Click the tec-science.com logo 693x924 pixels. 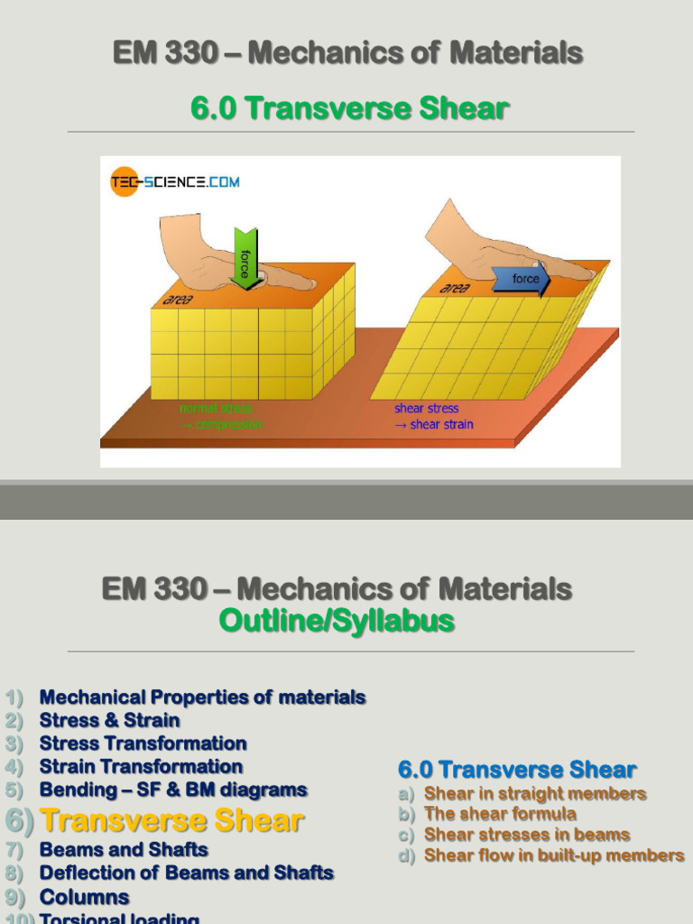pos(175,182)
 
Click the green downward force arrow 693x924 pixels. pos(244,257)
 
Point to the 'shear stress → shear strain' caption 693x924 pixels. pos(434,417)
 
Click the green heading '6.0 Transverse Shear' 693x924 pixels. pos(350,109)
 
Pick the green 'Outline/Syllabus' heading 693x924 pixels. pos(337,622)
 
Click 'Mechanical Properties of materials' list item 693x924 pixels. pos(202,698)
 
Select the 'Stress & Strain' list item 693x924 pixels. pos(109,720)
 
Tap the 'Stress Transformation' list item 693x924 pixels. pos(143,744)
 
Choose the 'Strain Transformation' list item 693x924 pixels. pos(141,767)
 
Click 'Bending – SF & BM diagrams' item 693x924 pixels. pos(173,790)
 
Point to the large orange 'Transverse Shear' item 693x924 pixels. pos(172,821)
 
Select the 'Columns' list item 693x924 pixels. pos(84,898)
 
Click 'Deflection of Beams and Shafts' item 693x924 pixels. pos(186,873)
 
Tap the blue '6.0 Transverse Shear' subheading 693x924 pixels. pos(517,771)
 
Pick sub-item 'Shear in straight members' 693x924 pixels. pos(535,794)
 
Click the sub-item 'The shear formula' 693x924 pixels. pos(500,814)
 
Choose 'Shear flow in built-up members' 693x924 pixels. pos(554,855)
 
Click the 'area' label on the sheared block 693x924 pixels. pos(454,289)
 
